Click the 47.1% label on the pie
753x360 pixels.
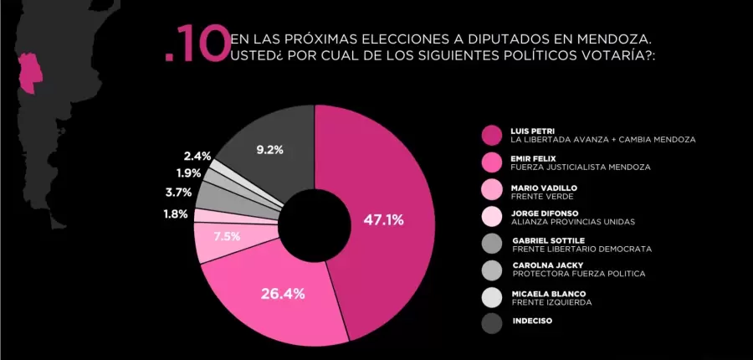point(384,220)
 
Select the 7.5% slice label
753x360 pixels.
point(227,236)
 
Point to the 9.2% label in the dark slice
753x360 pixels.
point(269,150)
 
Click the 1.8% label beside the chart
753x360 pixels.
point(177,214)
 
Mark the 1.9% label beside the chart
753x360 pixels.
point(188,173)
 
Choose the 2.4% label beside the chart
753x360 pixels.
point(197,156)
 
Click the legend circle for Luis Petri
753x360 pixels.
point(490,135)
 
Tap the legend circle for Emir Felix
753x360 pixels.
point(490,162)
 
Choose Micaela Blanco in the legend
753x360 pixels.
point(544,293)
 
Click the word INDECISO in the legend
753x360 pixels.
point(532,320)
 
